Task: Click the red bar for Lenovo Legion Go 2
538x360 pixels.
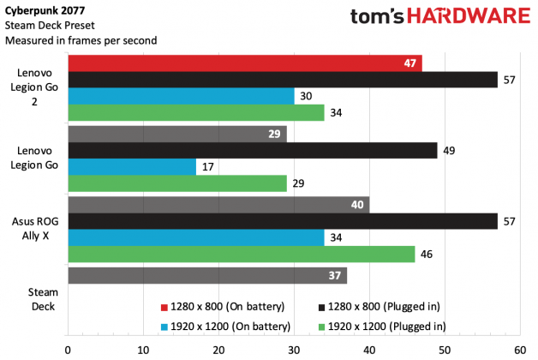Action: (x=244, y=63)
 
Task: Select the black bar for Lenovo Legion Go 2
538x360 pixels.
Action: (x=282, y=80)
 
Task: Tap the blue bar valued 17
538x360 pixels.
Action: (x=131, y=167)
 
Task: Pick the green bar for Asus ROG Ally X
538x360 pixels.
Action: (x=241, y=255)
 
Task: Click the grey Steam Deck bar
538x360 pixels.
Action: (x=206, y=275)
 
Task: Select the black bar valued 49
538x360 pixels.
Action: (x=252, y=151)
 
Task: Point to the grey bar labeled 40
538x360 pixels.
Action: (x=218, y=205)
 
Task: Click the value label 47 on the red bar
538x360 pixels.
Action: (x=409, y=63)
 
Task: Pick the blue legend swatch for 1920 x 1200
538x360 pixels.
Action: (x=163, y=325)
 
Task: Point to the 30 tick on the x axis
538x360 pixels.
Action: (x=293, y=349)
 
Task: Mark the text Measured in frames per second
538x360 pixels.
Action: (x=69, y=39)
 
